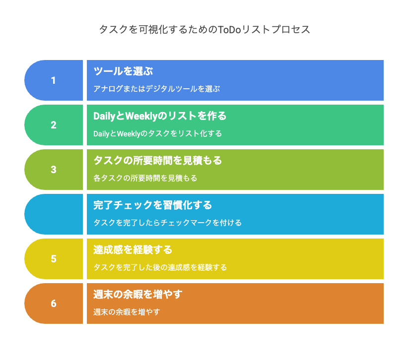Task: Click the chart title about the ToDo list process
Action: pos(204,29)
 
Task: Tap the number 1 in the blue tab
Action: pos(53,80)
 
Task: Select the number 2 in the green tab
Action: pos(54,125)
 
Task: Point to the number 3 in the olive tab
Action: pos(54,170)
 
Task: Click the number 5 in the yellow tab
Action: pos(54,259)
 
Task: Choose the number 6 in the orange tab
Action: pos(54,303)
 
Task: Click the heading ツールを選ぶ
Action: pos(123,71)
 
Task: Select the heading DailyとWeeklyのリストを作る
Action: pos(160,116)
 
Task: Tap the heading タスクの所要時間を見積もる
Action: pos(157,160)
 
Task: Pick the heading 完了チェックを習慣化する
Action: pos(152,205)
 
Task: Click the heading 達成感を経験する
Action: pos(133,250)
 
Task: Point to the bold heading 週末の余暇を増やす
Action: pos(137,295)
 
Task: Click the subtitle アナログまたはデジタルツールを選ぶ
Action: pos(157,89)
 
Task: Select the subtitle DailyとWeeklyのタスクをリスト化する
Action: pos(158,133)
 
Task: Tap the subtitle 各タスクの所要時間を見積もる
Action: pos(145,178)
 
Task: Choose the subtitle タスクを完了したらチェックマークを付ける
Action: pos(168,223)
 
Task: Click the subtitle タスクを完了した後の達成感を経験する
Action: pos(160,267)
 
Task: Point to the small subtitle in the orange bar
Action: pos(127,312)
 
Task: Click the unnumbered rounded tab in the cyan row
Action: pos(54,214)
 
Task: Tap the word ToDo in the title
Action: pos(229,30)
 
